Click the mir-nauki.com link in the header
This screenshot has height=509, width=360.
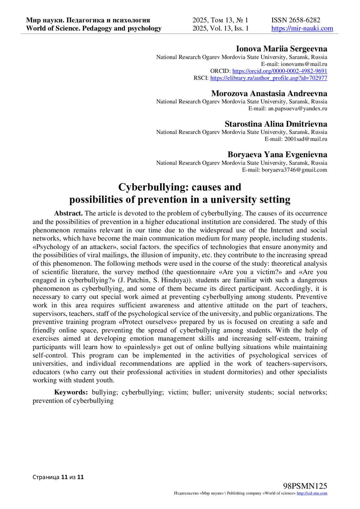tap(302, 28)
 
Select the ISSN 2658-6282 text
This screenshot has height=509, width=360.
tap(295, 20)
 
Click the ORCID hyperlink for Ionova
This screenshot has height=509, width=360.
tap(280, 71)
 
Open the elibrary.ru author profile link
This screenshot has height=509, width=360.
tap(268, 78)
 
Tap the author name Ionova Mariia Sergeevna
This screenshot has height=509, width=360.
tap(281, 49)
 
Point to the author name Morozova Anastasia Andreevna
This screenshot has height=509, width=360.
tap(269, 93)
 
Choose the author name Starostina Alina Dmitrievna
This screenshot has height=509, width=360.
tap(276, 124)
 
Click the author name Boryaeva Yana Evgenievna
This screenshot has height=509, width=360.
tap(277, 155)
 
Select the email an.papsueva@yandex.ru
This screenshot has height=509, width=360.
tap(297, 109)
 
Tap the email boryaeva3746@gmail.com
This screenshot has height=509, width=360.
tap(294, 170)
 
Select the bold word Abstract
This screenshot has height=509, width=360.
tap(68, 214)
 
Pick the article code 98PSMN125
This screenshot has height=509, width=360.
tap(305, 486)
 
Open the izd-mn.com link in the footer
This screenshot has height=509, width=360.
tap(312, 493)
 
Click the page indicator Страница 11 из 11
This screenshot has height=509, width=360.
tap(58, 477)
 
